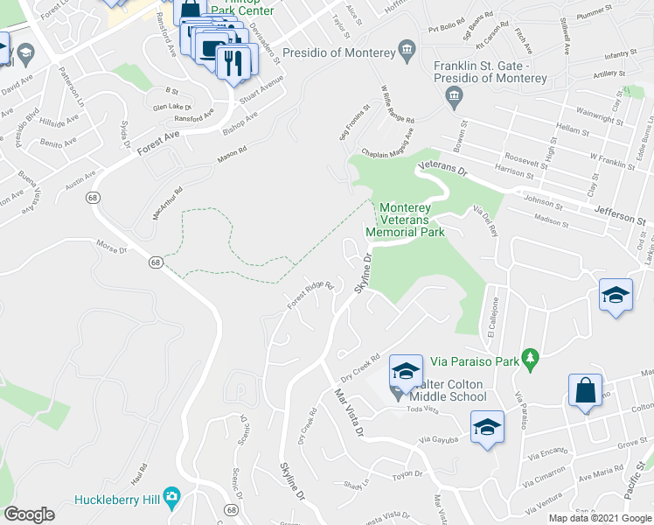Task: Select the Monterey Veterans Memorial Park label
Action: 412,220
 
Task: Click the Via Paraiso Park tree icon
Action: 529,358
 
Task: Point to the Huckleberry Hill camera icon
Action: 171,498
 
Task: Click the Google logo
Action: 29,514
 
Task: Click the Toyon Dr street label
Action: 407,474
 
